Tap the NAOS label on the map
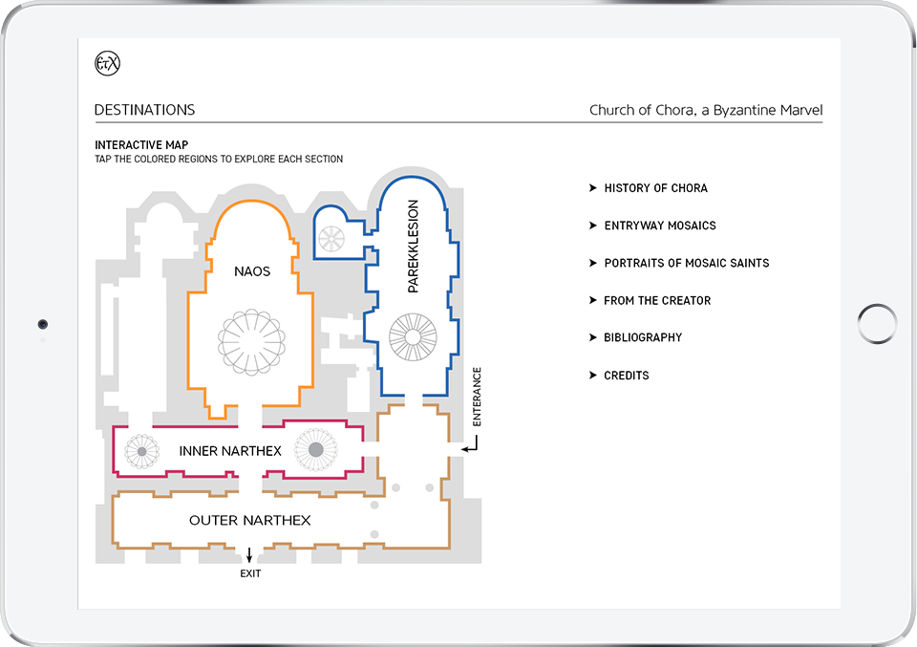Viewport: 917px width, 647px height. point(252,271)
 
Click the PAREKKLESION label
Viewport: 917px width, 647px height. point(414,247)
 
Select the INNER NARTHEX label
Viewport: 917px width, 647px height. point(230,450)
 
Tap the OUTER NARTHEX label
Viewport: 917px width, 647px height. point(250,521)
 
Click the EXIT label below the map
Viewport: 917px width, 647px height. point(250,574)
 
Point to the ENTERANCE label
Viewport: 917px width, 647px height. point(478,396)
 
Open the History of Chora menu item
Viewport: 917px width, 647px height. point(655,188)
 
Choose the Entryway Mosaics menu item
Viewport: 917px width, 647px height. point(659,226)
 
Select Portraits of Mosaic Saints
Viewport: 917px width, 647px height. point(686,263)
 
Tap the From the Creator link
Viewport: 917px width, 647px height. point(657,300)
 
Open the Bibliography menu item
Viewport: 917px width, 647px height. point(643,337)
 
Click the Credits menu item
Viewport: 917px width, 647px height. point(626,376)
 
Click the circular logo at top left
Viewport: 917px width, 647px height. point(108,64)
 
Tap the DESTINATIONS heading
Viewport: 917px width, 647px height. point(144,110)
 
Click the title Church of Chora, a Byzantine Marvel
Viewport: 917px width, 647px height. point(705,110)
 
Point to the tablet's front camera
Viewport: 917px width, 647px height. point(43,324)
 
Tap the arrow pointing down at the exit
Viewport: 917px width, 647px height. point(250,555)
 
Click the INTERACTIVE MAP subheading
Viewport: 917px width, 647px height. point(140,145)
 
